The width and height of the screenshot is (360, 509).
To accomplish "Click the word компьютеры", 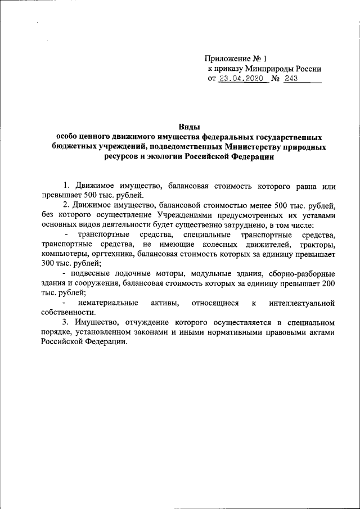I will (x=62, y=254).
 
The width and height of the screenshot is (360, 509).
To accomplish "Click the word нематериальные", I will (x=109, y=303).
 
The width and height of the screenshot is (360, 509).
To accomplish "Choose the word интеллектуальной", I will (x=302, y=303).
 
